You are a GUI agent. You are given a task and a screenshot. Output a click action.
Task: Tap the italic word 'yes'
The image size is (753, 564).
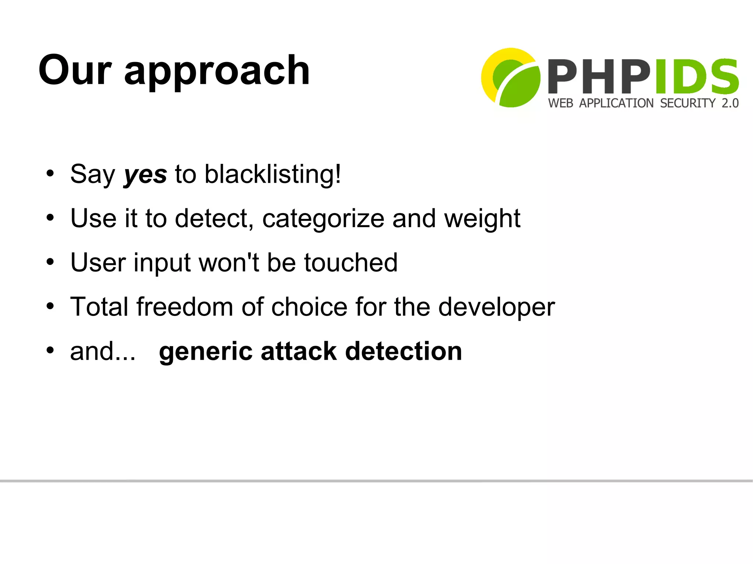pos(145,175)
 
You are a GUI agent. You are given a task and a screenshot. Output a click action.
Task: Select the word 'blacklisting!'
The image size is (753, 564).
pos(272,174)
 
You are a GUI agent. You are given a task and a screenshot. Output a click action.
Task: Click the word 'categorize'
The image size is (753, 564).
pos(323,219)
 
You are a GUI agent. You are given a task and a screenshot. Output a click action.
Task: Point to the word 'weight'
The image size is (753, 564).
pos(482,219)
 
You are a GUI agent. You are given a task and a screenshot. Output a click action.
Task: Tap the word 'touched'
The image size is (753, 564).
pos(351,263)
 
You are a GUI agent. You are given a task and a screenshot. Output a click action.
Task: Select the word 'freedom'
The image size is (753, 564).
pos(185,307)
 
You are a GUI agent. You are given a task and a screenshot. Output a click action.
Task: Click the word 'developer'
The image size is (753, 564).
pos(496,308)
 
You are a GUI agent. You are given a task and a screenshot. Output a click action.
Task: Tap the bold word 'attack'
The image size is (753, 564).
pos(299,352)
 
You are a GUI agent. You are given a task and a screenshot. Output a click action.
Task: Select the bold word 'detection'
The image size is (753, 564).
pos(403,352)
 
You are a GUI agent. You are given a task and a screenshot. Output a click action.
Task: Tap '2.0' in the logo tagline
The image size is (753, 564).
pos(730,103)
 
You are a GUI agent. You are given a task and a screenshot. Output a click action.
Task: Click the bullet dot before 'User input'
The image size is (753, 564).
pos(50,262)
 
